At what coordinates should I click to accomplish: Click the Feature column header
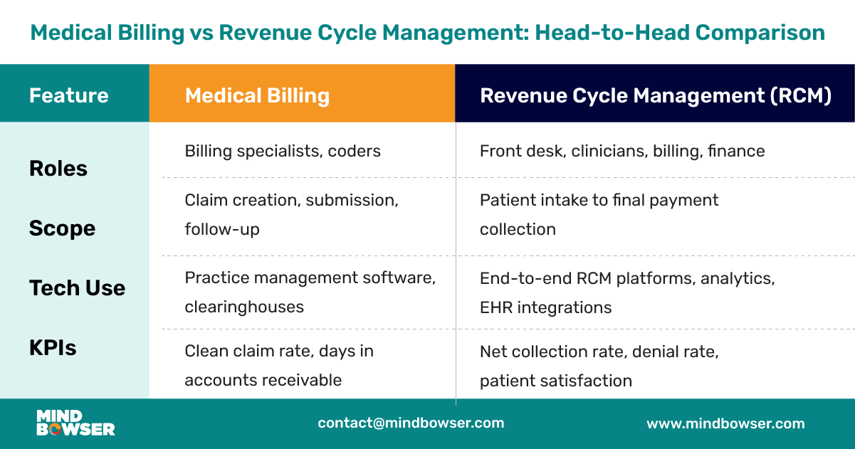pos(69,95)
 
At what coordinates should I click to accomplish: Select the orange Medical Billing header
pos(257,96)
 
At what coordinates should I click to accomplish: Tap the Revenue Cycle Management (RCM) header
pos(656,96)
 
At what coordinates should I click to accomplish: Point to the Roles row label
pos(58,169)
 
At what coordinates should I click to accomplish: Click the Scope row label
pos(62,228)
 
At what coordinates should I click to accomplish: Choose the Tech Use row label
pos(77,288)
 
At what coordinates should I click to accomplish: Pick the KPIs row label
pos(53,348)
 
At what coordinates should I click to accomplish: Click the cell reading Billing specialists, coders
pos(283,151)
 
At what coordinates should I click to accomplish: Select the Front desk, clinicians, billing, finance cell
pos(622,151)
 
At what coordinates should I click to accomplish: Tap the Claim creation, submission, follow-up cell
pos(291,214)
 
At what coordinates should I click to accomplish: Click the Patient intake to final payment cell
pos(599,214)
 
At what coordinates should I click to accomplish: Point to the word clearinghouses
pos(244,307)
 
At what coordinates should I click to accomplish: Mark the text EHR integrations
pos(545,307)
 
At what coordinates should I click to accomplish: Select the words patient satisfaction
pos(555,381)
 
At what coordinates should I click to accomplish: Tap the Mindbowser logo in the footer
pos(75,423)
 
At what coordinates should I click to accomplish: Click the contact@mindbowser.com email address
pos(411,423)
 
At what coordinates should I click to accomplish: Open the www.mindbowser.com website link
pos(725,423)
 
